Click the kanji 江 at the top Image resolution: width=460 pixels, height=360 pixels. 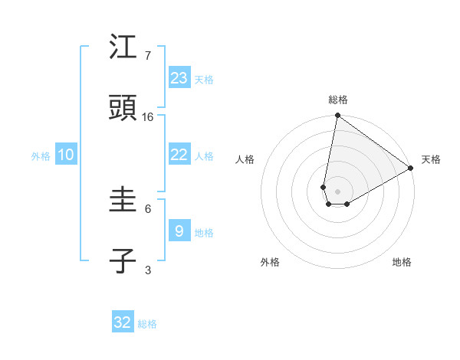tap(123, 48)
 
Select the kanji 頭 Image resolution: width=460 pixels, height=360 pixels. tap(123, 109)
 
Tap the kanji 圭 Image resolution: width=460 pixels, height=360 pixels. tap(123, 201)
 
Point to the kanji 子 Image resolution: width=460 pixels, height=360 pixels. tap(123, 261)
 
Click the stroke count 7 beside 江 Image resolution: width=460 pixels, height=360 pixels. tap(147, 55)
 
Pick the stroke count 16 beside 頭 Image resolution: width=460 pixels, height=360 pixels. tap(148, 116)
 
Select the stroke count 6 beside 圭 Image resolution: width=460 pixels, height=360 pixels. tap(147, 208)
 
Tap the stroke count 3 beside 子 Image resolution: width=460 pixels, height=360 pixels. tap(147, 269)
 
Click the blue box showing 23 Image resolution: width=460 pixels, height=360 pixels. tap(179, 78)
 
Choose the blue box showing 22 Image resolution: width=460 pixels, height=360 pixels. tap(179, 155)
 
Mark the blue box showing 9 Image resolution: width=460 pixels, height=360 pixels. tap(179, 231)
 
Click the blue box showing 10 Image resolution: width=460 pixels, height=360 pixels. tap(66, 155)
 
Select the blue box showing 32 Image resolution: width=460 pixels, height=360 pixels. tap(123, 322)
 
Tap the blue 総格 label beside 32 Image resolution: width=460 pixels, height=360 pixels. tap(147, 324)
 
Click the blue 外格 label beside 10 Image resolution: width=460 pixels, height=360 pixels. tap(41, 156)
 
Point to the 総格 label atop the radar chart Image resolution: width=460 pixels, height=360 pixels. tap(338, 100)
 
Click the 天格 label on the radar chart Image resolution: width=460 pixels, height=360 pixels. tap(431, 159)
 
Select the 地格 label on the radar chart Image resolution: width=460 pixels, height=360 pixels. tap(402, 262)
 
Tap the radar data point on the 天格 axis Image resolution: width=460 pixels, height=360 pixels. tap(411, 168)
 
